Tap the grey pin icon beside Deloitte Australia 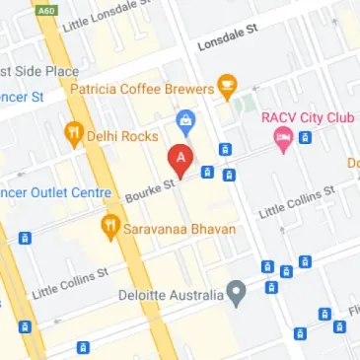click(x=236, y=292)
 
